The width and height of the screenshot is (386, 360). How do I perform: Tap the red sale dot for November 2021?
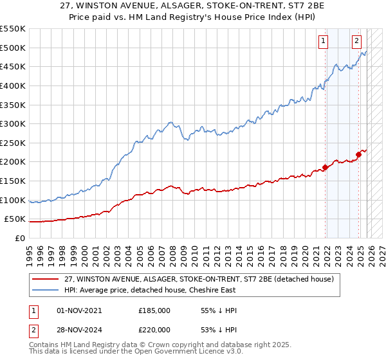[x=326, y=167]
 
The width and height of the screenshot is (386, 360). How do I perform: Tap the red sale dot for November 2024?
[x=359, y=154]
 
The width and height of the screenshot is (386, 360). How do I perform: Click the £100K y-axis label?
[x=13, y=200]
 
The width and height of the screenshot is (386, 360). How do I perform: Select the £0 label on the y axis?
[x=20, y=239]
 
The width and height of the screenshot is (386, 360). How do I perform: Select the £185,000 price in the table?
[x=154, y=310]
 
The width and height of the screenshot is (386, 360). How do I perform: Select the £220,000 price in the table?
[x=154, y=330]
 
